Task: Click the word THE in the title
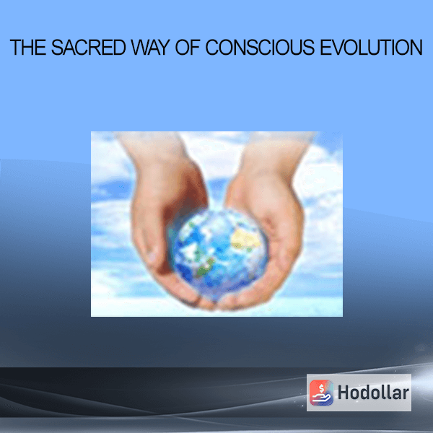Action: click(28, 48)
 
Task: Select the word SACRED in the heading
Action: click(88, 48)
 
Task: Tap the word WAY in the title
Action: click(150, 48)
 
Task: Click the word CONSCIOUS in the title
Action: click(260, 48)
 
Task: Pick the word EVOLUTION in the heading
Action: click(371, 48)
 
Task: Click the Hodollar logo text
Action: click(373, 393)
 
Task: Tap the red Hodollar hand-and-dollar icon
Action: click(321, 393)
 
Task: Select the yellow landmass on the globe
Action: click(245, 238)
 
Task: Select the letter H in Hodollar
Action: click(344, 393)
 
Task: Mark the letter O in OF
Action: click(183, 48)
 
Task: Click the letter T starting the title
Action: click(15, 48)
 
